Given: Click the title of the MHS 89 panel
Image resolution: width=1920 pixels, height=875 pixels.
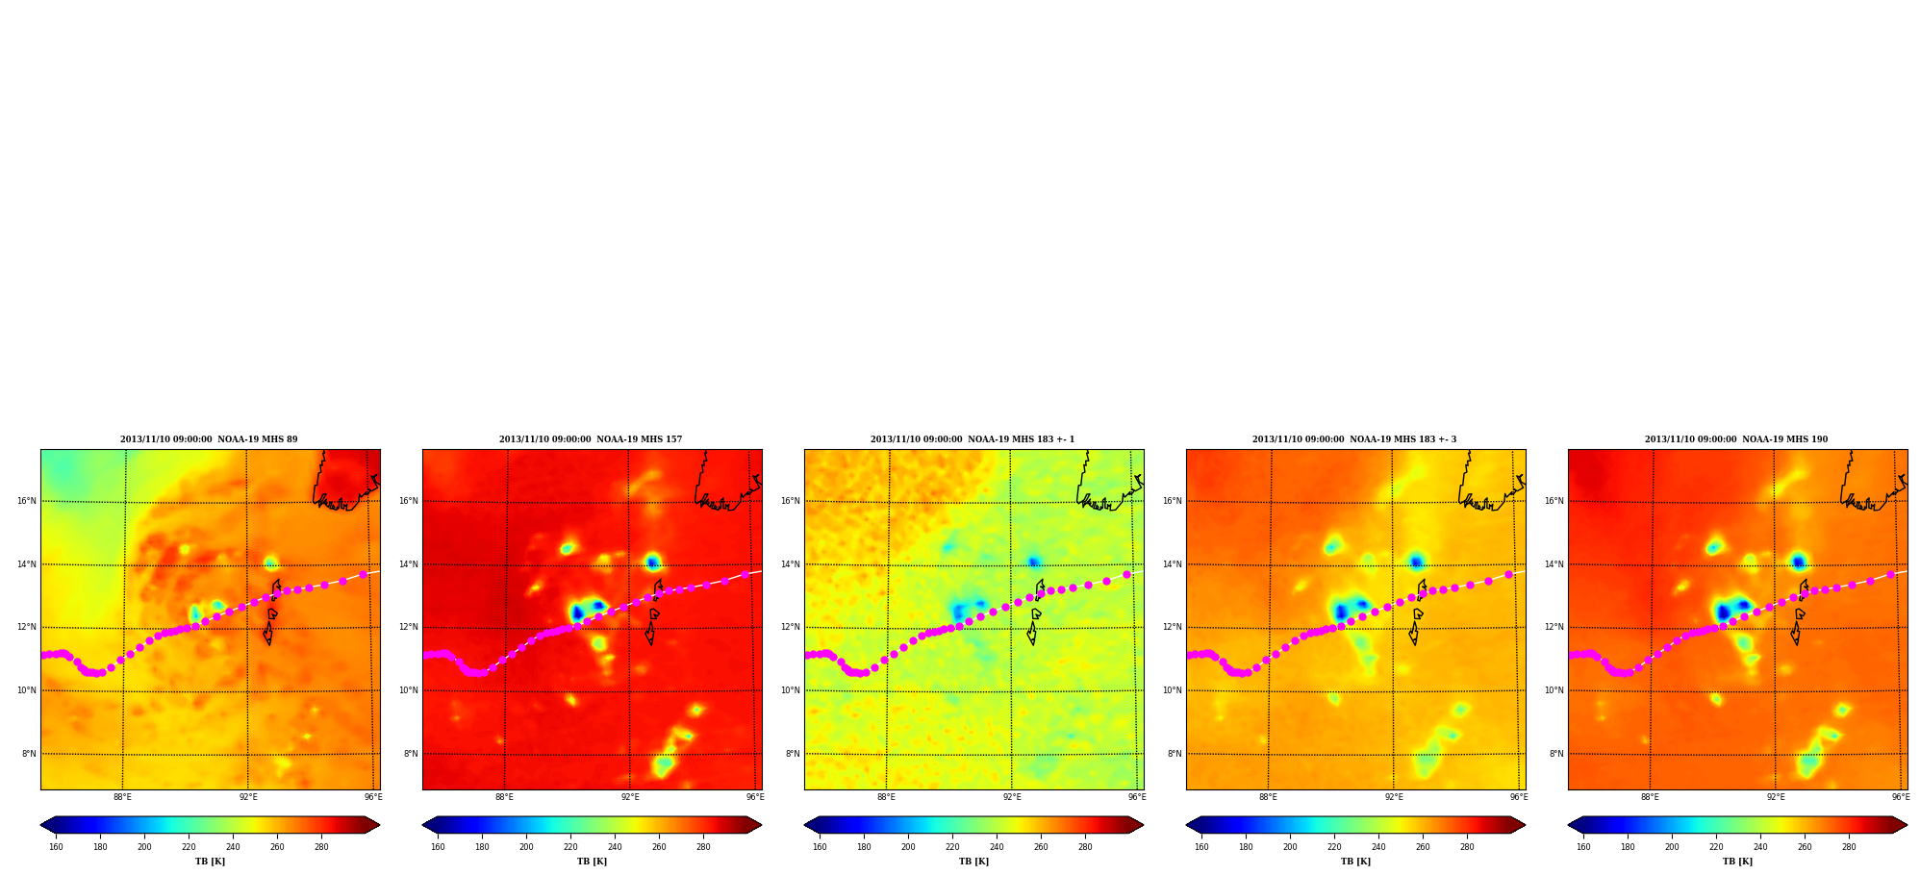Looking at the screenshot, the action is click(209, 439).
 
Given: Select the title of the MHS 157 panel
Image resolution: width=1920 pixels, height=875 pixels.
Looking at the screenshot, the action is click(591, 439).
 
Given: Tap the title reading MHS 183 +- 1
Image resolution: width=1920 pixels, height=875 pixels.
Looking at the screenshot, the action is click(973, 439).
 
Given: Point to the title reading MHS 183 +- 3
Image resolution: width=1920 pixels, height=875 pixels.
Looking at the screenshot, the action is click(1354, 439).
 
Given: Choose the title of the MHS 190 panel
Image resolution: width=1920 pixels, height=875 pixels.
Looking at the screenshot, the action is click(1736, 439).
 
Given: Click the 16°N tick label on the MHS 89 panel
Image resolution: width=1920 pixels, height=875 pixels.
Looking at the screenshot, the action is click(26, 501).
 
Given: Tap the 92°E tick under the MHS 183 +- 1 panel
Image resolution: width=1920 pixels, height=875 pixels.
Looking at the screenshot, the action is click(1012, 797).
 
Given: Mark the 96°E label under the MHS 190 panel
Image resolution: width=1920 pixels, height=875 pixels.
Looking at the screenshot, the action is click(1901, 797).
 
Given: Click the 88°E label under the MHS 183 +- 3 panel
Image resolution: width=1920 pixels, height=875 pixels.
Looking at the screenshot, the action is click(1268, 797).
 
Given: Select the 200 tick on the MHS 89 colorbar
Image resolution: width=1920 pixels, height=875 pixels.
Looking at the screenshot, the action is click(144, 847).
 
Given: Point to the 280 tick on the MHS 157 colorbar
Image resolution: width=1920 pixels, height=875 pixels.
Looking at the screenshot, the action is click(703, 847).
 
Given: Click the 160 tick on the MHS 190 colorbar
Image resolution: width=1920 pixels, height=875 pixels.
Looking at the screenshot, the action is click(1583, 847).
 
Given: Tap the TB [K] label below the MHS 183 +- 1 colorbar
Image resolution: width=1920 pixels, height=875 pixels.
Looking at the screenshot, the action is click(973, 862).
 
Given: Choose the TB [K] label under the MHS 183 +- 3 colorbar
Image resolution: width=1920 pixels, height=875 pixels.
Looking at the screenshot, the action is click(1355, 862).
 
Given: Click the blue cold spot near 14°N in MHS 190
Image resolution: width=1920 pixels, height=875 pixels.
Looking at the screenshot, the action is click(1798, 562).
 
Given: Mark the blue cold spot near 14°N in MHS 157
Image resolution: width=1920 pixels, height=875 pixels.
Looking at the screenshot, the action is click(653, 562).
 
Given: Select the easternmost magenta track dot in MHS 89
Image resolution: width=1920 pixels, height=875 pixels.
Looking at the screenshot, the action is click(364, 575).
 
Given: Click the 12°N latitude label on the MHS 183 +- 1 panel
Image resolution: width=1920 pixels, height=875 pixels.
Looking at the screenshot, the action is click(790, 627).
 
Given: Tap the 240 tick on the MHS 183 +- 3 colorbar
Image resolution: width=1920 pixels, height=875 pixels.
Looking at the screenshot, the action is click(1378, 847).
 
